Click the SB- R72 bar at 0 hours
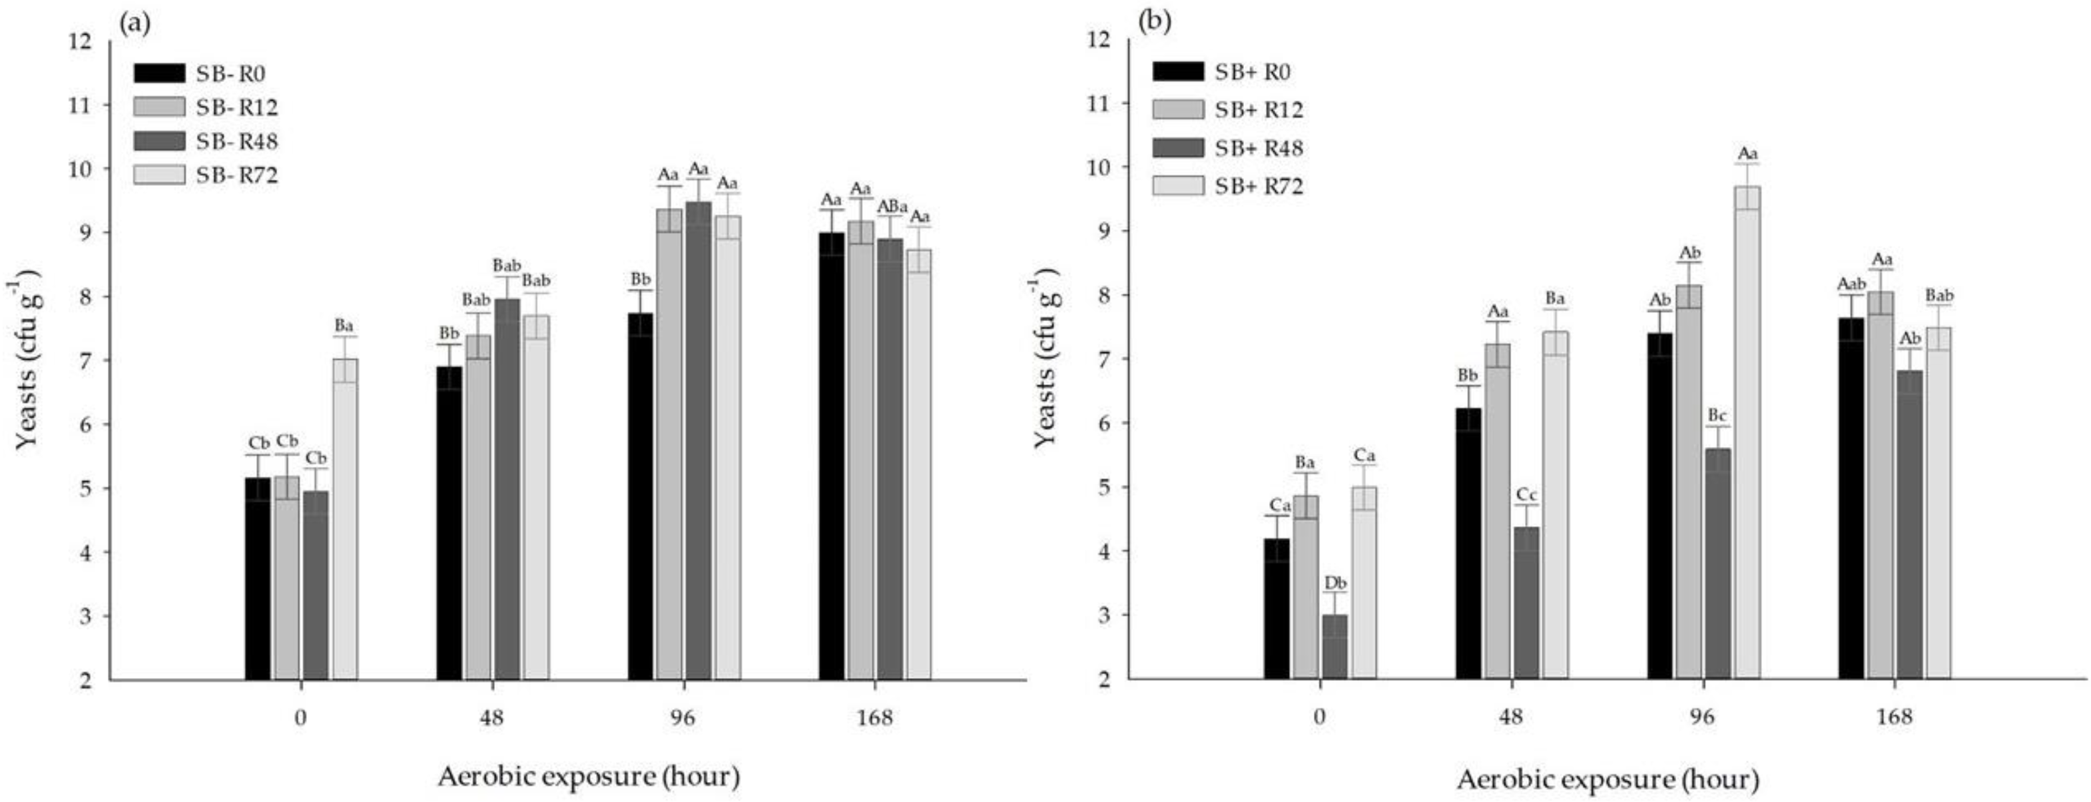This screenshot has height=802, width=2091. (x=344, y=520)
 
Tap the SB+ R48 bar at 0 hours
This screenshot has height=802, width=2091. (x=1335, y=647)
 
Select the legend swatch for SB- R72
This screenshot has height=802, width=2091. (x=159, y=175)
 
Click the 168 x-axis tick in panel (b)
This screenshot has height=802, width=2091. (x=1894, y=717)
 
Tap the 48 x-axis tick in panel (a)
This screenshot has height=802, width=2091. (x=492, y=718)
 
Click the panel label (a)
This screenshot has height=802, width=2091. (x=134, y=22)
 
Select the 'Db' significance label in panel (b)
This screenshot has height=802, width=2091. (x=1335, y=583)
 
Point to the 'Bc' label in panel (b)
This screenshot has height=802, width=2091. (x=1717, y=416)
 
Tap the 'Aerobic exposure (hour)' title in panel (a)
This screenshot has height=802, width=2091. (x=589, y=777)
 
